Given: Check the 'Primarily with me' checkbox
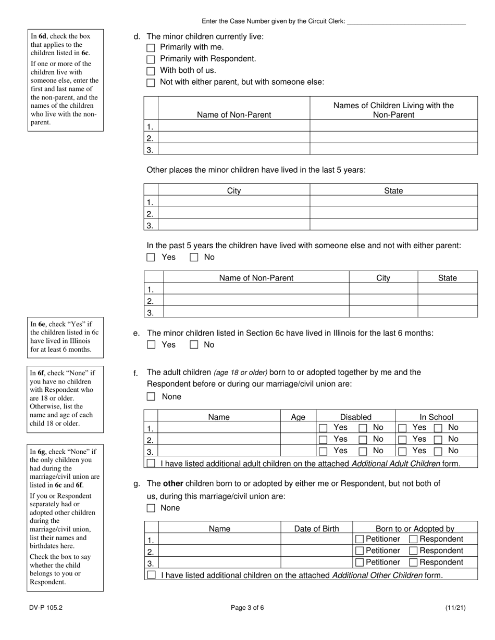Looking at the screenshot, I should [151, 48].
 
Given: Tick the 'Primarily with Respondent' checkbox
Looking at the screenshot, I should [151, 59].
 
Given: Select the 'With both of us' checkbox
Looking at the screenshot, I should [151, 71].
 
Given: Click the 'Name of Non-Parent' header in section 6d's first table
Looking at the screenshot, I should [234, 114].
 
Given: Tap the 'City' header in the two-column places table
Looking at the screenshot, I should [234, 191].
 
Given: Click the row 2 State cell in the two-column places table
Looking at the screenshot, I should [393, 213].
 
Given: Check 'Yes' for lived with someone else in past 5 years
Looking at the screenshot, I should [151, 257].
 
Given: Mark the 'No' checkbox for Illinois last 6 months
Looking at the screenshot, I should [194, 344].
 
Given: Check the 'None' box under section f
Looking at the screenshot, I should [151, 396].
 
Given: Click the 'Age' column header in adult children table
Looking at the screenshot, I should [298, 417].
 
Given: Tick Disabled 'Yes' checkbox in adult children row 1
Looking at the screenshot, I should [323, 428].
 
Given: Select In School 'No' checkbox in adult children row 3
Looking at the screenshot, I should [439, 451].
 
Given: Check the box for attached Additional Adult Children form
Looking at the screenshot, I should [151, 463].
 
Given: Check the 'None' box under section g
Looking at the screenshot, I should [151, 508].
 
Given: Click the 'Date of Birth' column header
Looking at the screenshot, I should [316, 529].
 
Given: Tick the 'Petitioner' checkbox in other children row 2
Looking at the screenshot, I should [359, 551].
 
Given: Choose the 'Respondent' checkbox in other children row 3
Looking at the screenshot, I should [413, 562].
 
